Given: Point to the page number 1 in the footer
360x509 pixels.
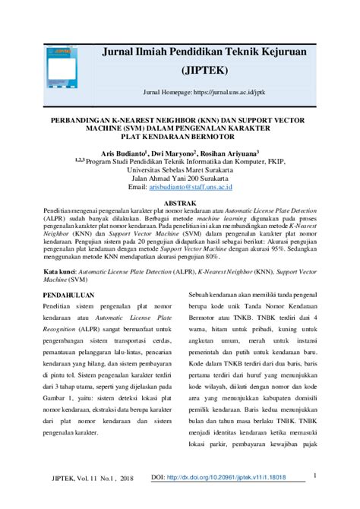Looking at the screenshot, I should click(314, 476).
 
